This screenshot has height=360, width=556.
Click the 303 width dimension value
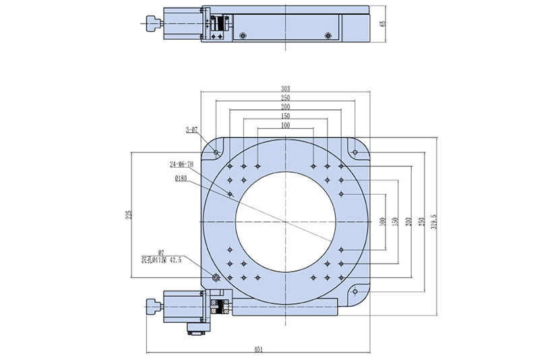[x=285, y=88]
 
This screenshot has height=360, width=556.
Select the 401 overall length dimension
[x=258, y=349]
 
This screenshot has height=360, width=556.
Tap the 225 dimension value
[x=128, y=214]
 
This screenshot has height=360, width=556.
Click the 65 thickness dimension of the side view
[x=383, y=24]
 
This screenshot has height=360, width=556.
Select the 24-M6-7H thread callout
[x=182, y=164]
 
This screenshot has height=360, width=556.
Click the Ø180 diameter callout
[x=181, y=178]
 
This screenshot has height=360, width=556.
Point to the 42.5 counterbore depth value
[x=176, y=259]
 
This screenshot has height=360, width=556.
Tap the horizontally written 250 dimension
[x=285, y=98]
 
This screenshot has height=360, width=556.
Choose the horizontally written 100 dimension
[x=285, y=125]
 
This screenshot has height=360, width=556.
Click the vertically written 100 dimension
[x=383, y=221]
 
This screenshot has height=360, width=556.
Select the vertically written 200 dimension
[x=408, y=221]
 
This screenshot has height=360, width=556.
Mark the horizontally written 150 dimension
[x=285, y=116]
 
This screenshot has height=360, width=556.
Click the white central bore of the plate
[x=286, y=222]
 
